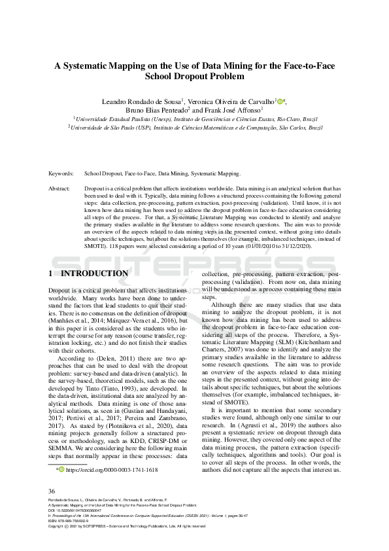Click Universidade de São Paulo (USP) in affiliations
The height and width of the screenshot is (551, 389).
pos(109,128)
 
